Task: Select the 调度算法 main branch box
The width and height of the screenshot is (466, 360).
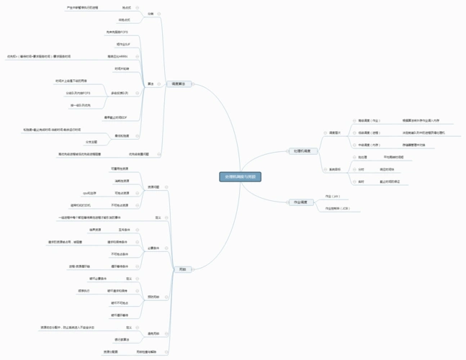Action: tap(177, 84)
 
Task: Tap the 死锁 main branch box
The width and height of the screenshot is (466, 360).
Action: tap(182, 269)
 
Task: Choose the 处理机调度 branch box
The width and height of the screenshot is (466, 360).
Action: tap(303, 151)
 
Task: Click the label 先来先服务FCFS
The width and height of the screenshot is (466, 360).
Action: tap(117, 32)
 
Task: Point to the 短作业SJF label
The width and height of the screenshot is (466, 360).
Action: tap(122, 45)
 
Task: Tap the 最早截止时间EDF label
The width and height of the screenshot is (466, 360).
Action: tap(116, 117)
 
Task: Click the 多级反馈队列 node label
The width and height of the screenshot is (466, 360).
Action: tap(120, 93)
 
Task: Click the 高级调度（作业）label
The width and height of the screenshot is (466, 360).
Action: tap(369, 120)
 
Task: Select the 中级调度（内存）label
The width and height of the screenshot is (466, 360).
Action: tap(369, 145)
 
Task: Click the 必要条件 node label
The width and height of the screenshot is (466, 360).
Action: tap(153, 248)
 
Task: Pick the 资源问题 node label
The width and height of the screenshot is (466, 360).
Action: tap(153, 187)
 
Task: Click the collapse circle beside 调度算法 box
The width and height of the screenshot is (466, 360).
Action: tap(192, 84)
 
